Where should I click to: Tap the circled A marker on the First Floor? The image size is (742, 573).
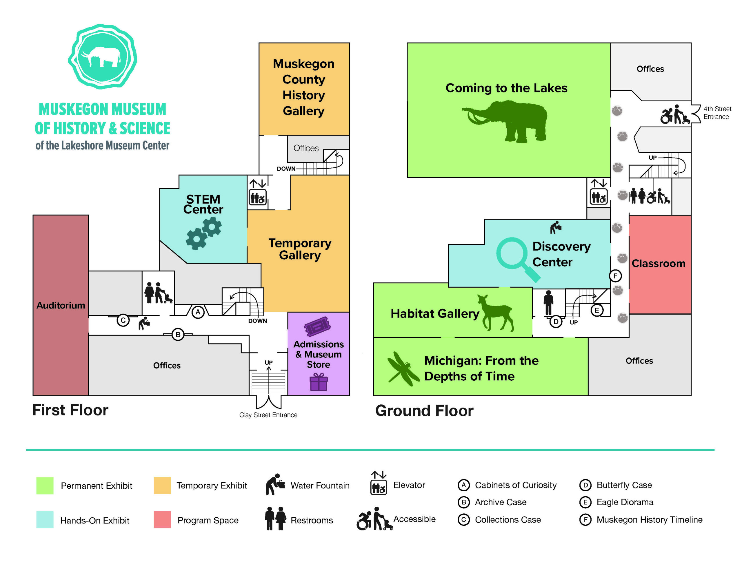click(198, 312)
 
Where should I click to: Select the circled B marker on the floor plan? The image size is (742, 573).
click(178, 335)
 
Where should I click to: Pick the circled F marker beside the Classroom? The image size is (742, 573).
click(615, 276)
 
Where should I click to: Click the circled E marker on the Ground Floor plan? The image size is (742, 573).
click(596, 310)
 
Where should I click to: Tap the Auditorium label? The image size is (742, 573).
click(61, 305)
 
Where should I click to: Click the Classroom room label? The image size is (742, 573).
click(659, 263)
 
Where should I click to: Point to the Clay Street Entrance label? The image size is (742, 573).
click(268, 415)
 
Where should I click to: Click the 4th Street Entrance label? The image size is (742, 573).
click(717, 113)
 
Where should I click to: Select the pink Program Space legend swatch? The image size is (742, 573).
click(162, 520)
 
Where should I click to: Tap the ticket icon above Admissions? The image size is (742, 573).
click(317, 326)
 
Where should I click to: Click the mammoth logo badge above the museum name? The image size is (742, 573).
click(102, 56)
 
